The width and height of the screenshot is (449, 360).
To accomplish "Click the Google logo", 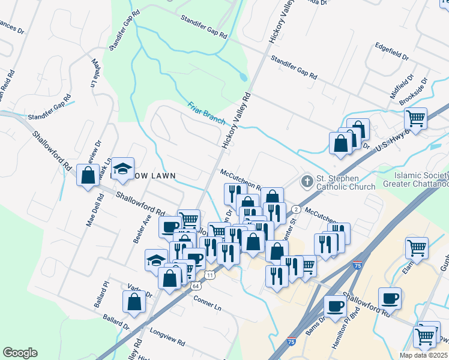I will (x=20, y=353).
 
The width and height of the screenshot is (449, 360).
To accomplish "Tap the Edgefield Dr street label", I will (x=391, y=53).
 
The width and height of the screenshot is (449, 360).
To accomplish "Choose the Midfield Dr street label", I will (x=402, y=86).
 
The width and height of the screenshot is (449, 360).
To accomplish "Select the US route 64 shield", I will (x=196, y=286).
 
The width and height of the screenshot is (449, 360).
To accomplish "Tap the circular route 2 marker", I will (x=296, y=209).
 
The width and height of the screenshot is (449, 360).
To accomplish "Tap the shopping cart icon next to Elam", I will (x=416, y=246).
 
